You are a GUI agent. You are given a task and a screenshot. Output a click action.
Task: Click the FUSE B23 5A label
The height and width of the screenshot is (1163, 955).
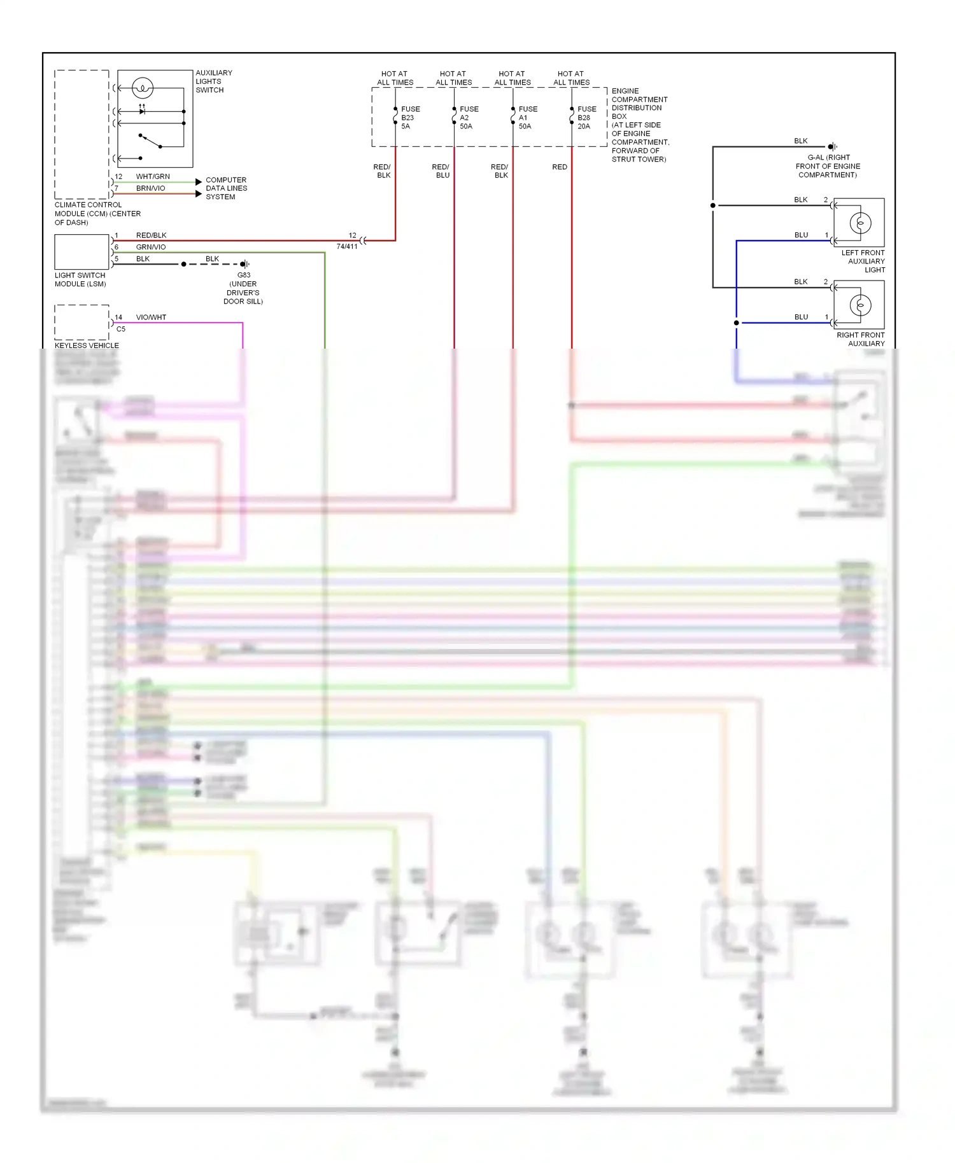pyautogui.click(x=409, y=118)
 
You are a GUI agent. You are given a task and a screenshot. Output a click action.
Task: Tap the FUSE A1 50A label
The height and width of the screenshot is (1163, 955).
pyautogui.click(x=527, y=118)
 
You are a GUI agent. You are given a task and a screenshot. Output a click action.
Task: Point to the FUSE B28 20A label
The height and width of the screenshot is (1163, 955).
pyautogui.click(x=586, y=118)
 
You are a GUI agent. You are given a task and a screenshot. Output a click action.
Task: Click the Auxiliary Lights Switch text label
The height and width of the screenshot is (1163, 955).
pyautogui.click(x=213, y=81)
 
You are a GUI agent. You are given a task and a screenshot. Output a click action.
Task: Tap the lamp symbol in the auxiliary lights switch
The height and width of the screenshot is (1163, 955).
pyautogui.click(x=142, y=88)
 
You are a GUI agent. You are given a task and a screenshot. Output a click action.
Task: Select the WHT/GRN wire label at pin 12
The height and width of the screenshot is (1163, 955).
pyautogui.click(x=153, y=176)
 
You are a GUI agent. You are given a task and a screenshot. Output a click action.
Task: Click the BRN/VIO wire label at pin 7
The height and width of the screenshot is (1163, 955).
pyautogui.click(x=150, y=188)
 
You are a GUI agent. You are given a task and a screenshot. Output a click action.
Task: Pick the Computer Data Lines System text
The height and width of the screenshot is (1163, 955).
pyautogui.click(x=226, y=188)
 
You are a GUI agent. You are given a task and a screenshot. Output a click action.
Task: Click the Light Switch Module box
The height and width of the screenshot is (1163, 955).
pyautogui.click(x=81, y=252)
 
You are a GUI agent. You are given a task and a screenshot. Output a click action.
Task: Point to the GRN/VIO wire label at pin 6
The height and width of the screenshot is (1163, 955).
pyautogui.click(x=151, y=247)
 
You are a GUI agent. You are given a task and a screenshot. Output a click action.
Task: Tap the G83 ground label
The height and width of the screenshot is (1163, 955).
pyautogui.click(x=244, y=275)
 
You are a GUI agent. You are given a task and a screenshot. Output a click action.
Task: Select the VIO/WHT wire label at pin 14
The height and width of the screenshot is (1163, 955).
pyautogui.click(x=151, y=317)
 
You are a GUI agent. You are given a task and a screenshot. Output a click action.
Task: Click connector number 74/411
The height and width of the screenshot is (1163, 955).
pyautogui.click(x=347, y=247)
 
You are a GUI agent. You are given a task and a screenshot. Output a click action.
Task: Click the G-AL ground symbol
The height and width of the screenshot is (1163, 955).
pyautogui.click(x=832, y=147)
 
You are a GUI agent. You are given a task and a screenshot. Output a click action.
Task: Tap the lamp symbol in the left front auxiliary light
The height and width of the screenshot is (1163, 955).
pyautogui.click(x=860, y=223)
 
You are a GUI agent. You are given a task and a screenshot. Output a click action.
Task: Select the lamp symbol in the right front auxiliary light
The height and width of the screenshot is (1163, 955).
pyautogui.click(x=860, y=305)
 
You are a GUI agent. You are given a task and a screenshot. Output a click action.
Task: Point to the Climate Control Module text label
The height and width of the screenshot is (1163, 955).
pyautogui.click(x=97, y=214)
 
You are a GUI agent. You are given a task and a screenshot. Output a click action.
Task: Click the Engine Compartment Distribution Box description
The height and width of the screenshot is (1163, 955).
pyautogui.click(x=639, y=125)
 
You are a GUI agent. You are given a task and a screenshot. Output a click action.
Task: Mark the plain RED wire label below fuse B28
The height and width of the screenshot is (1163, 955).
pyautogui.click(x=559, y=167)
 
